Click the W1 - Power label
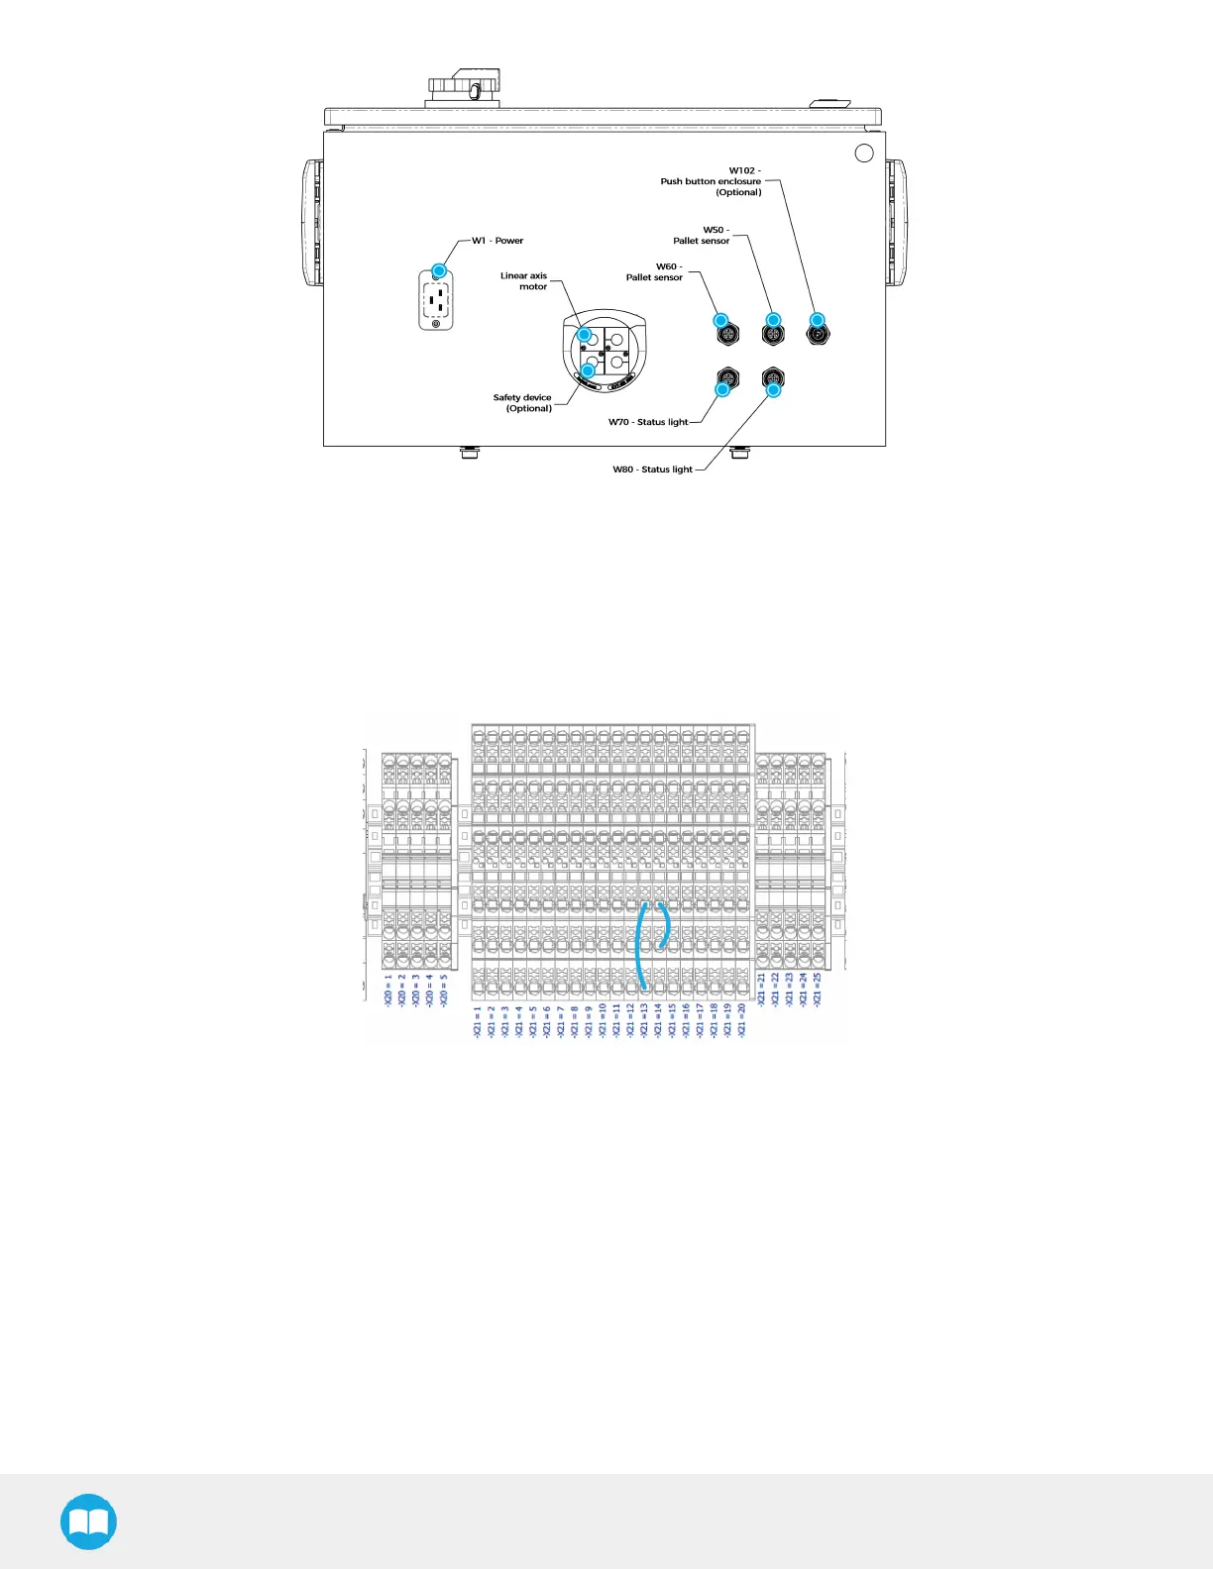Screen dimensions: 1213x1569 coord(497,241)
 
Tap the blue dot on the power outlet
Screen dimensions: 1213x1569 coord(439,270)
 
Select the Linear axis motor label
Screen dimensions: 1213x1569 coord(524,281)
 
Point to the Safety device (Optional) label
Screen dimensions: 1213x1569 coord(522,403)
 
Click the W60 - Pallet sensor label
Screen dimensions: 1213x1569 coord(654,272)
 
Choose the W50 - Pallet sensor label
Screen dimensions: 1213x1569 coord(702,236)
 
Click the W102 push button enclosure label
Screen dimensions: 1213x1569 coord(712,181)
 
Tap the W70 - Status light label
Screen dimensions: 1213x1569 coord(648,422)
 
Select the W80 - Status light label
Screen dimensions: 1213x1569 coord(652,470)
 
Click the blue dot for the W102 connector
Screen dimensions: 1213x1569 coord(818,320)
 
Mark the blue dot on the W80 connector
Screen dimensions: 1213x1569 coord(774,390)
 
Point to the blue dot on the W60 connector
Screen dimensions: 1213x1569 coord(721,321)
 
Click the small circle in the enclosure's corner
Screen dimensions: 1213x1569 coord(864,153)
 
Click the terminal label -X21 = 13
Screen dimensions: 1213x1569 coord(644,1020)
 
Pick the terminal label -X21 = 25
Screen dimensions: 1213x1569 coord(818,990)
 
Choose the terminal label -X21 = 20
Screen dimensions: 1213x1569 coord(741,1020)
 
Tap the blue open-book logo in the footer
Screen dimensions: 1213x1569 coord(88,1521)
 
